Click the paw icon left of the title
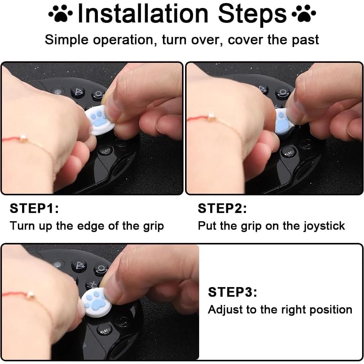click(x=60, y=15)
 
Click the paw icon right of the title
click(x=303, y=15)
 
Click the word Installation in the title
click(x=143, y=14)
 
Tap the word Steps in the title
click(x=252, y=14)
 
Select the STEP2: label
click(x=222, y=209)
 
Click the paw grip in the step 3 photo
click(x=94, y=302)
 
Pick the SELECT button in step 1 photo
click(x=105, y=152)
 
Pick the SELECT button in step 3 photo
click(x=104, y=330)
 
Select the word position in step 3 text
click(x=330, y=310)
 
